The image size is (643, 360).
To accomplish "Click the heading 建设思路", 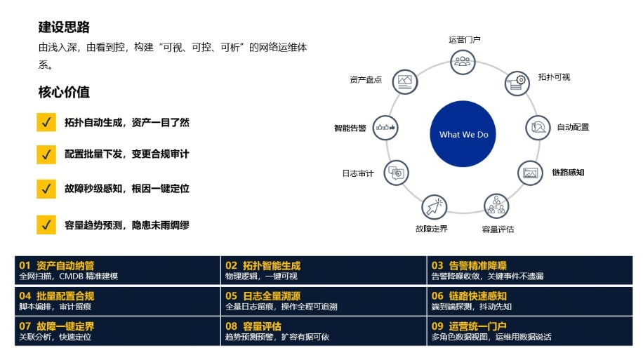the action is coord(64,27).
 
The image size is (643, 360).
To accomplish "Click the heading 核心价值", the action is coord(64,92).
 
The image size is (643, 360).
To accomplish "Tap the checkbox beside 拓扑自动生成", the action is coord(46,122).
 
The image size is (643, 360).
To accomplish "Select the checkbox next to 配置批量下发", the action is coord(46,154).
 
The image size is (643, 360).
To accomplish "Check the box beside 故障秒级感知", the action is coord(46,189).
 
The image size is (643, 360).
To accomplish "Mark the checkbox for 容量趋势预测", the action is coord(46,225).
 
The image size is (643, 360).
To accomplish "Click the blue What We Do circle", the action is coord(463,133).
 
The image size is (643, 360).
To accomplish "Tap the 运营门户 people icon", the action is coord(463,62).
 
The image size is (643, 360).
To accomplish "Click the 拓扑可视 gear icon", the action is coord(517,84).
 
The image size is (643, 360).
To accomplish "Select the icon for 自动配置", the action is coord(538,128).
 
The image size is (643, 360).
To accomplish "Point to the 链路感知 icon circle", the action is coord(530,173).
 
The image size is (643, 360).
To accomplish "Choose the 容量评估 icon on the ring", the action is coord(496,206).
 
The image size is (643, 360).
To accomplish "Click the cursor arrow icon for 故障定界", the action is coord(435,206).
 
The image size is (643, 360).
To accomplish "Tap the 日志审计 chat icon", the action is coord(396,173).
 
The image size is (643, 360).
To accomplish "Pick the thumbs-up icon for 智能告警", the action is coord(385,128).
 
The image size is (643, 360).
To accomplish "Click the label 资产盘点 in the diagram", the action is coord(366,79).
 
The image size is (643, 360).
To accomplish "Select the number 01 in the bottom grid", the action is coord(25,265).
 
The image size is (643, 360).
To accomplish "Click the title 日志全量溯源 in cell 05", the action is coord(272,295).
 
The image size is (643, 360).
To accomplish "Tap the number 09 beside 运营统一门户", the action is coord(437,326).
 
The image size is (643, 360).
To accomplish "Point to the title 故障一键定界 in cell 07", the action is coord(65,326).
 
